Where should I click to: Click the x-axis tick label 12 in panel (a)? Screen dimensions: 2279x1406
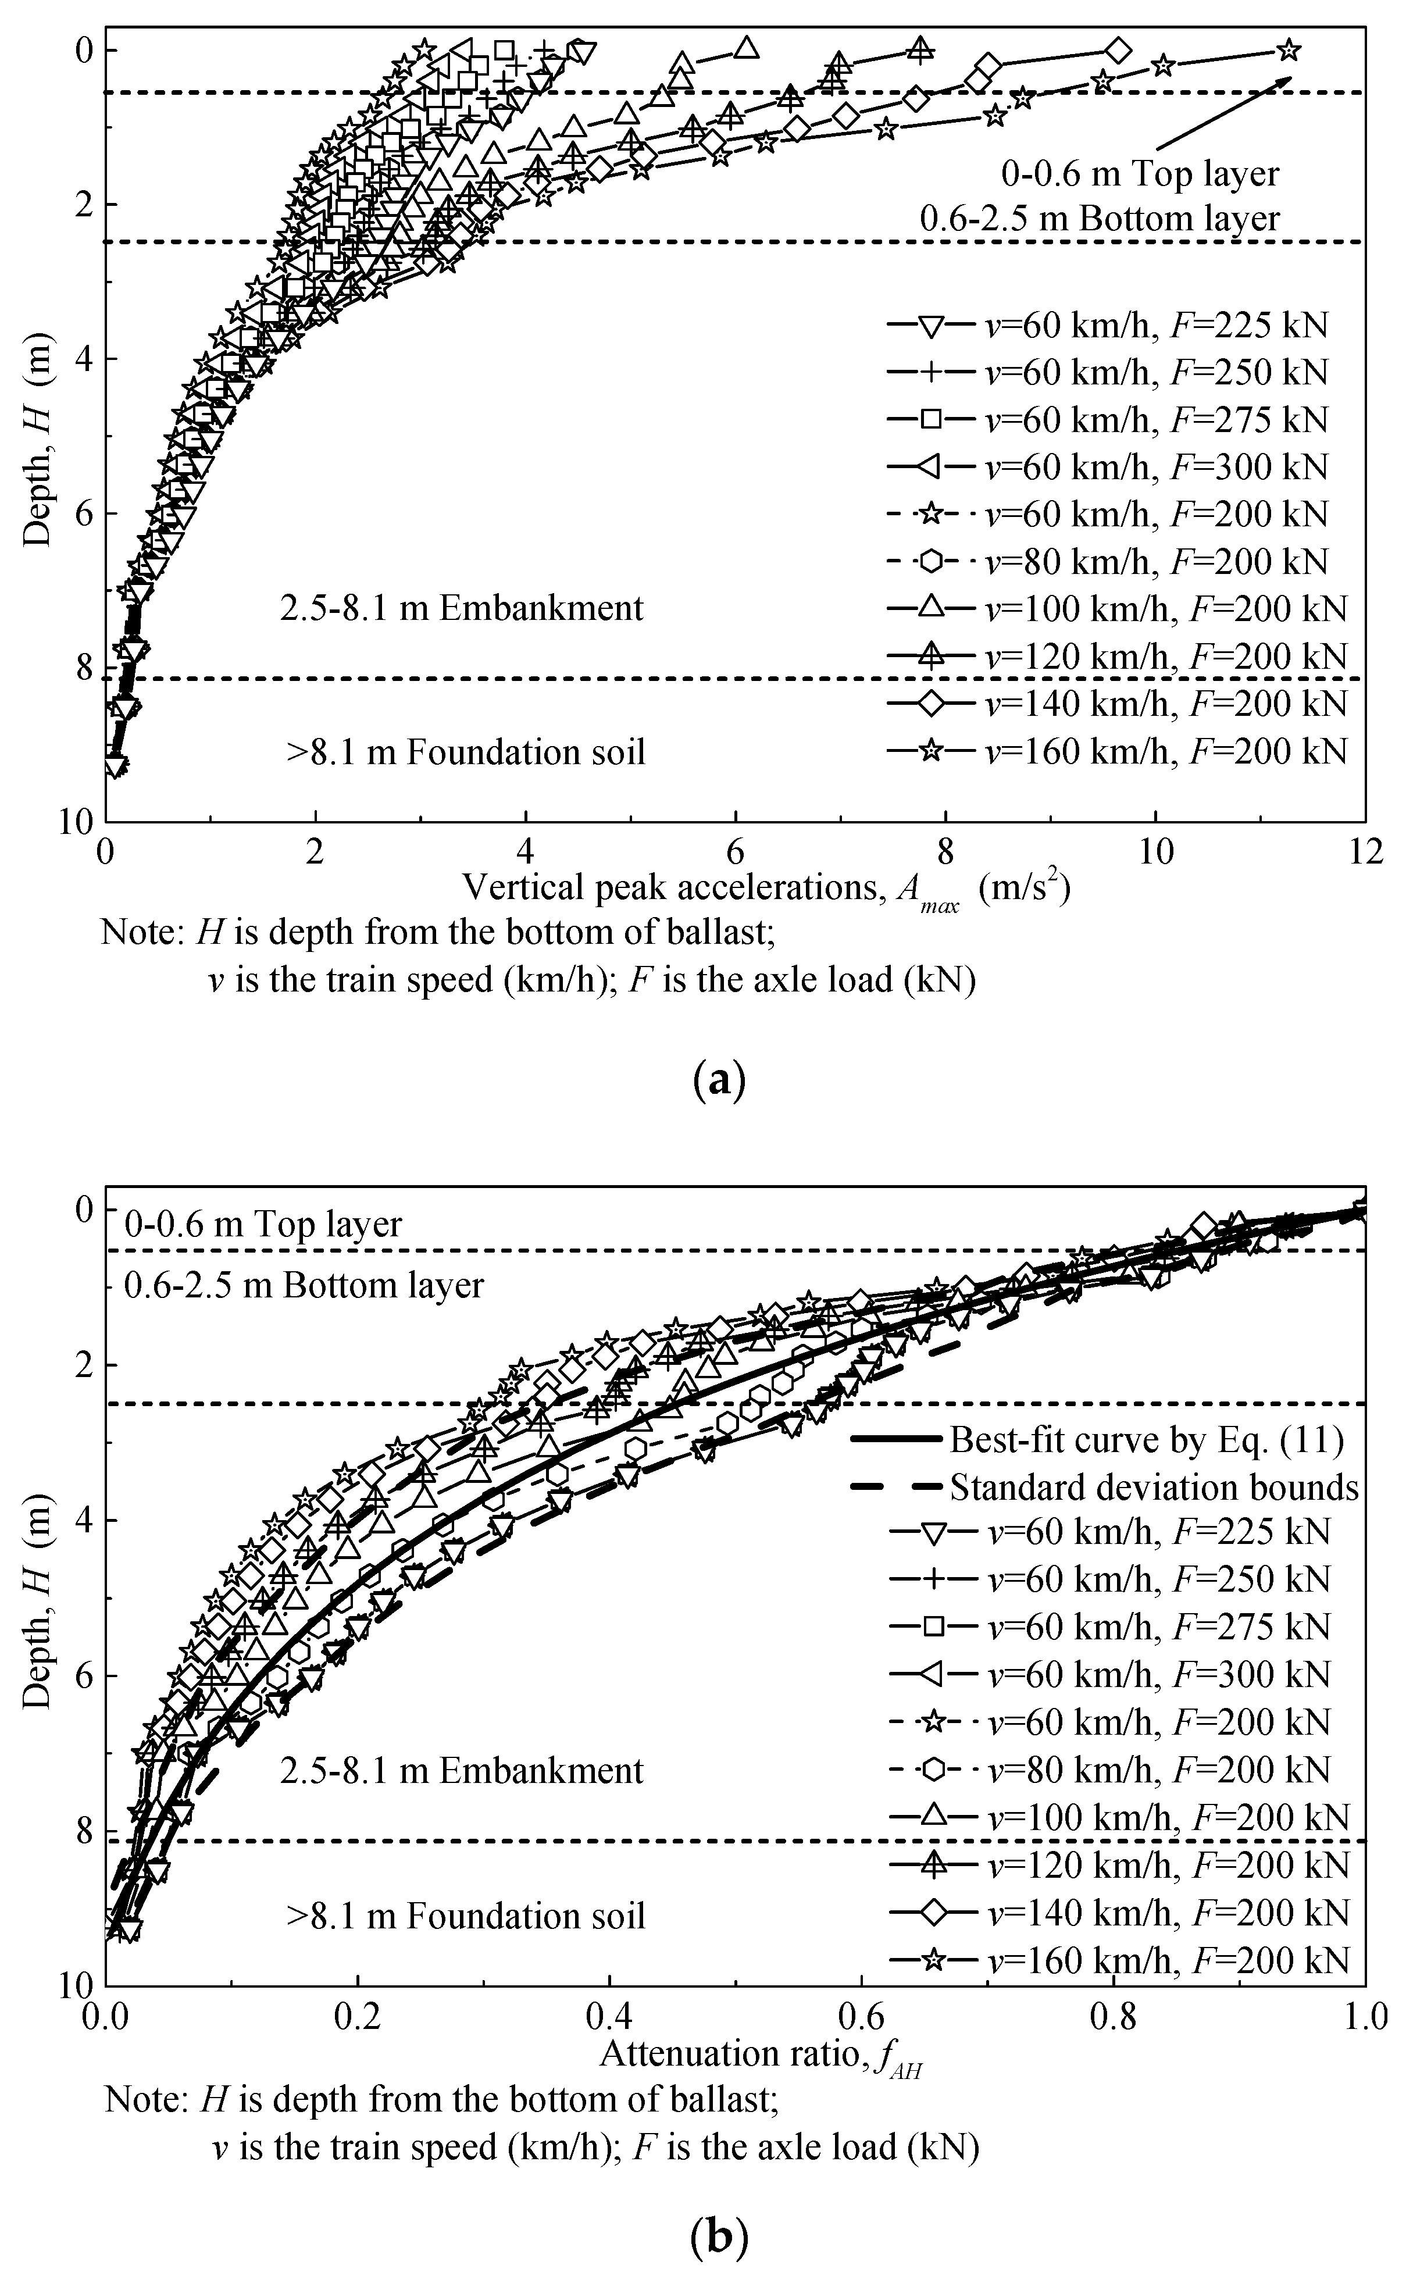(x=1364, y=853)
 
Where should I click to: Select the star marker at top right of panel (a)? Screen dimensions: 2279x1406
(x=1288, y=49)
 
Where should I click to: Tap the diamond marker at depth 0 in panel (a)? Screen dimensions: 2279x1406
(x=1119, y=49)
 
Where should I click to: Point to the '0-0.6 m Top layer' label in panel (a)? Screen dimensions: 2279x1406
(x=1140, y=174)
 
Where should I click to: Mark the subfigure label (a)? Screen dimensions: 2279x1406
(x=720, y=1082)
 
